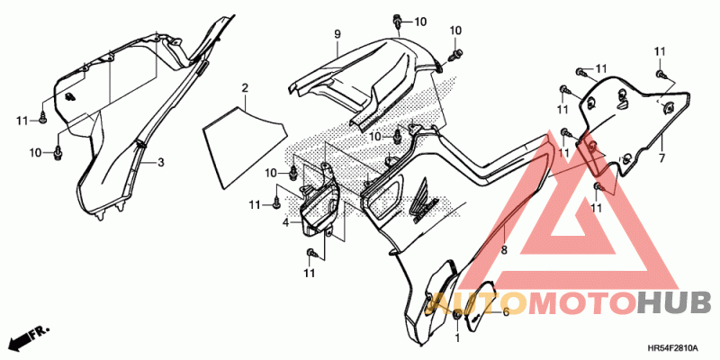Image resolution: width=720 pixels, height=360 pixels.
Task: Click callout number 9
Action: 337,33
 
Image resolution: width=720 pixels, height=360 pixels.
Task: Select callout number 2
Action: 245,87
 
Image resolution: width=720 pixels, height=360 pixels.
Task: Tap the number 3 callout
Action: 161,162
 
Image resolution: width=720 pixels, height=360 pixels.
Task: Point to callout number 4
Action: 285,223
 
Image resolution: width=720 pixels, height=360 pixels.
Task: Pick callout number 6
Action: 506,312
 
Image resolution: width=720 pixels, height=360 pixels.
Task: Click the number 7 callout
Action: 661,158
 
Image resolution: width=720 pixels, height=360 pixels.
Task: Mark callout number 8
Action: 504,250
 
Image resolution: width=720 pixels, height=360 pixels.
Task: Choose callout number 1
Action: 457,338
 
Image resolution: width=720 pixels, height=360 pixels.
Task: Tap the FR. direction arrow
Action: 29,336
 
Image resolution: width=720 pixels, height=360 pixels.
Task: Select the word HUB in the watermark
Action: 673,303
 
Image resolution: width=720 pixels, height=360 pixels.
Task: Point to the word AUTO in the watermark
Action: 476,303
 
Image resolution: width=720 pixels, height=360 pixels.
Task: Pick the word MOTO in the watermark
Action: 582,303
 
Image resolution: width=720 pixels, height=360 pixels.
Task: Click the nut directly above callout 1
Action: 457,316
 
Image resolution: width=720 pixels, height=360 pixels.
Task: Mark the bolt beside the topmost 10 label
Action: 397,22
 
